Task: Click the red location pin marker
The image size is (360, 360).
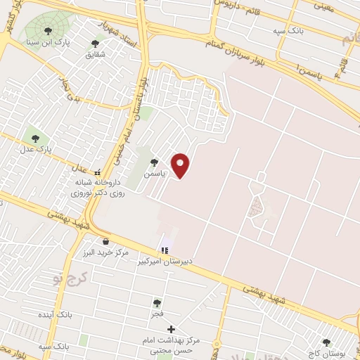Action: click(181, 165)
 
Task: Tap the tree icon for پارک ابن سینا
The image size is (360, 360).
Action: click(48, 31)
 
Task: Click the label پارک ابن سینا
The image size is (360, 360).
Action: click(41, 42)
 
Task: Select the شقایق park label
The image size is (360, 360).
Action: click(95, 54)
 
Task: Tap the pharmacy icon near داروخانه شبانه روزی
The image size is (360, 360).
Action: click(98, 172)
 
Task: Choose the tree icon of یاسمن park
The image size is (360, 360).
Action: click(154, 162)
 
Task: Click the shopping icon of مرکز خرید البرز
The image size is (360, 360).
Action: click(105, 241)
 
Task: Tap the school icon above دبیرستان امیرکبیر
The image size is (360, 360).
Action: click(165, 250)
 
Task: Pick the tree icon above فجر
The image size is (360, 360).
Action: click(157, 303)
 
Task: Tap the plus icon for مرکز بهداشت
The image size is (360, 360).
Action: click(171, 329)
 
